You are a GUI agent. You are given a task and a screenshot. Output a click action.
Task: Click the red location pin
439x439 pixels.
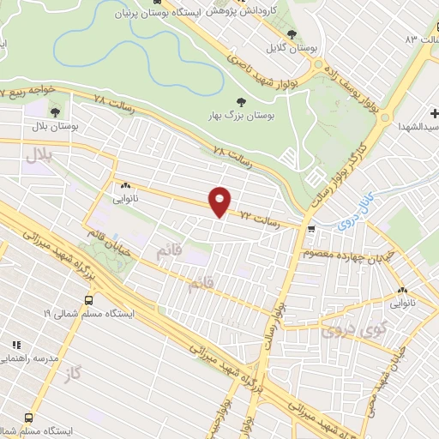220,201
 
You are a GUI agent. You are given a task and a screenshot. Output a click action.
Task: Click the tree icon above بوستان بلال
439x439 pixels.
56,111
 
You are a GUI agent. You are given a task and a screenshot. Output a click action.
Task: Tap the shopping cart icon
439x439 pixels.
311,229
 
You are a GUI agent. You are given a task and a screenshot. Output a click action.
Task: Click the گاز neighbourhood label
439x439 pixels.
71,376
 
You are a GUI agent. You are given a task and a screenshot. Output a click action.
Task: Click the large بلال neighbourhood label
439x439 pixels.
38,155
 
